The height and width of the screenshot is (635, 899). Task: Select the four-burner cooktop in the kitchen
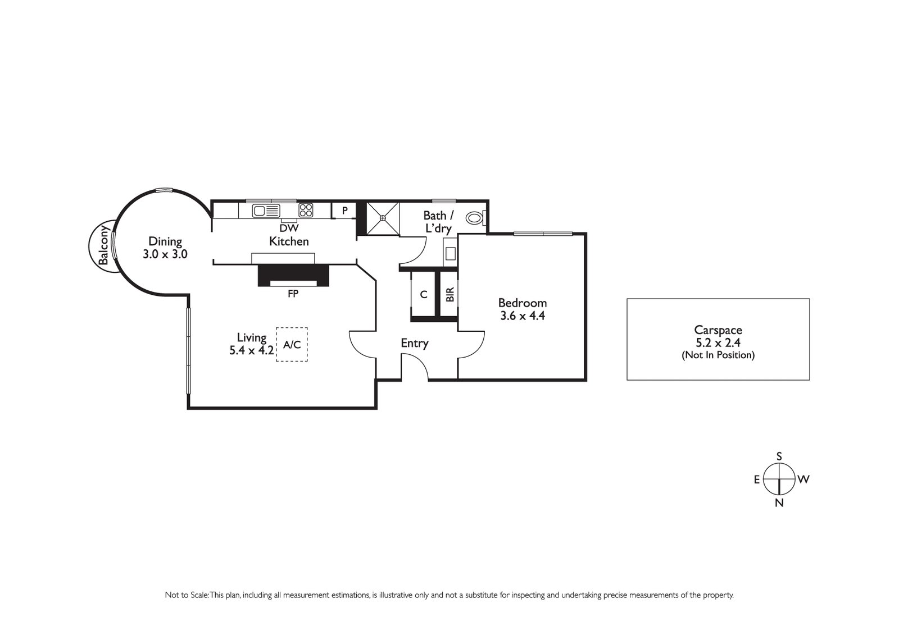[x=306, y=211]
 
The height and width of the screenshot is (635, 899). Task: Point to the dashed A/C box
[x=292, y=344]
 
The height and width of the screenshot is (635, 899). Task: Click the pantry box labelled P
[x=345, y=211]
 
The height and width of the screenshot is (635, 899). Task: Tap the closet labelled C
[x=424, y=294]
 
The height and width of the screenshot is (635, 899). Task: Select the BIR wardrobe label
[x=449, y=294]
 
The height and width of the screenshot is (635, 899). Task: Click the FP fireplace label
[x=293, y=293]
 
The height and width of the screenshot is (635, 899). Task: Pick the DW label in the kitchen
[x=289, y=228]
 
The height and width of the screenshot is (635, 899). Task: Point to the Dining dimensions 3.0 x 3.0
[x=165, y=254]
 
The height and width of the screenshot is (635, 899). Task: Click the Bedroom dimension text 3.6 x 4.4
[x=523, y=316]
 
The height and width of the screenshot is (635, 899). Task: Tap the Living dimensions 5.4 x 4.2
[x=251, y=350]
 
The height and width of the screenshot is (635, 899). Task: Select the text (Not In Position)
[x=718, y=355]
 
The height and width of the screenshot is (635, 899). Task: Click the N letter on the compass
[x=779, y=503]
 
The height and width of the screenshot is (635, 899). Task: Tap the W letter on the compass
[x=803, y=479]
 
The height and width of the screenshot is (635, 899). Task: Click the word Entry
[x=415, y=343]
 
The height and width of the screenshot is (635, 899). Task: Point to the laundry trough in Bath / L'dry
[x=451, y=253]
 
